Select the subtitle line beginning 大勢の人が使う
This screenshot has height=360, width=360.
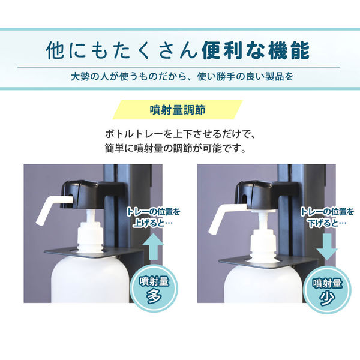pos(180,77)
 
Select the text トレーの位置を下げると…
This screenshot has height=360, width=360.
pos(328,218)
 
